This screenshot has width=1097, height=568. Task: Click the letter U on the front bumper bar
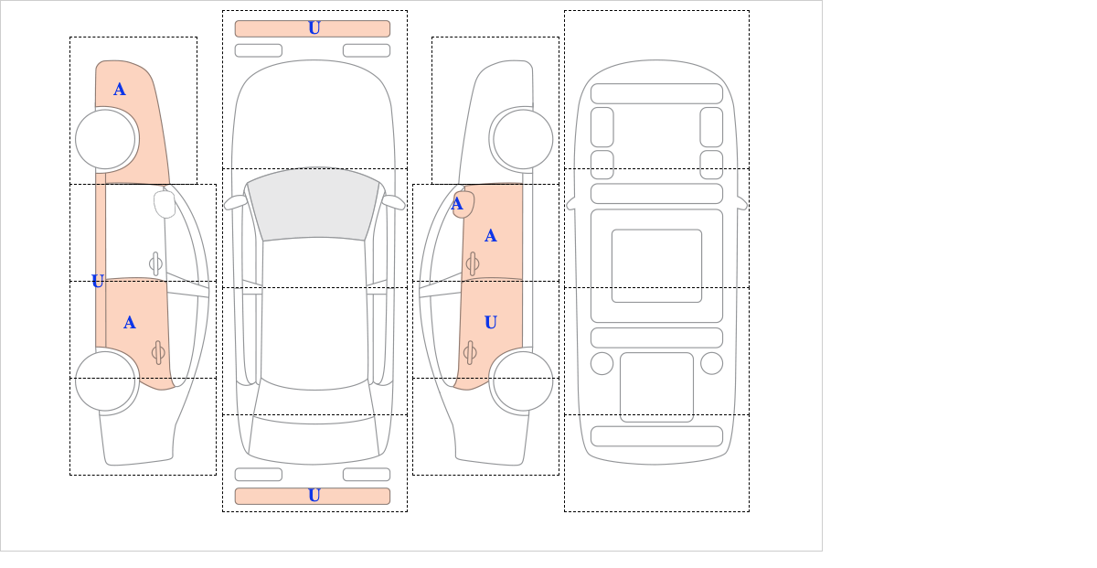pyautogui.click(x=314, y=28)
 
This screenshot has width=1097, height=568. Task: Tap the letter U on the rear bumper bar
pyautogui.click(x=314, y=496)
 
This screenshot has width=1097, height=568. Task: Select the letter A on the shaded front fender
pyautogui.click(x=120, y=90)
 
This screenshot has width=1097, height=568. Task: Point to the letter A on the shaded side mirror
pyautogui.click(x=457, y=204)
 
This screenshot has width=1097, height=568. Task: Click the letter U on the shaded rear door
pyautogui.click(x=491, y=322)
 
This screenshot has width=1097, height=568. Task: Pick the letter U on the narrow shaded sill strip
pyautogui.click(x=98, y=281)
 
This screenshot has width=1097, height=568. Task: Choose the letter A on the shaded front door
pyautogui.click(x=491, y=236)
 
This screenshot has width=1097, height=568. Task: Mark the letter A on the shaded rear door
pyautogui.click(x=129, y=322)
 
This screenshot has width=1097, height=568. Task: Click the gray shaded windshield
pyautogui.click(x=314, y=205)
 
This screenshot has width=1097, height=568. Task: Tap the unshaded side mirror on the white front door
pyautogui.click(x=165, y=204)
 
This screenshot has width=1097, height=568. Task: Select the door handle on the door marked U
pyautogui.click(x=470, y=352)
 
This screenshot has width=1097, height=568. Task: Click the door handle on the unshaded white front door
pyautogui.click(x=155, y=264)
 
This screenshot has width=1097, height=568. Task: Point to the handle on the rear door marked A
pyautogui.click(x=158, y=352)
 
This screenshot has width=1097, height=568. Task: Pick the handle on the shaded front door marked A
pyautogui.click(x=473, y=264)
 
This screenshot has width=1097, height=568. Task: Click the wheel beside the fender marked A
pyautogui.click(x=105, y=140)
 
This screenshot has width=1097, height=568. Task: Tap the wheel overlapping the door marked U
pyautogui.click(x=523, y=381)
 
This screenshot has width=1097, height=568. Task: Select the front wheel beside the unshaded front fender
pyautogui.click(x=523, y=140)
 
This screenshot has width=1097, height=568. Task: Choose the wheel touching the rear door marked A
pyautogui.click(x=105, y=381)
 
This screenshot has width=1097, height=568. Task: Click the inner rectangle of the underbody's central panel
pyautogui.click(x=656, y=266)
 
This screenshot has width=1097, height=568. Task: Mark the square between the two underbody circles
pyautogui.click(x=656, y=387)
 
